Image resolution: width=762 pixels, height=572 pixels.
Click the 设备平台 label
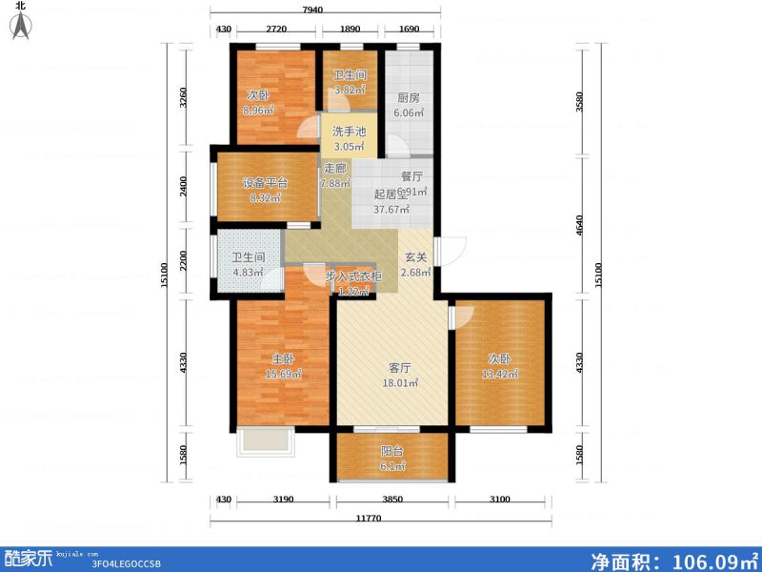(x=264, y=183)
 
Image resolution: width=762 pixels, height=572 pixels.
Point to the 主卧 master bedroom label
(x=282, y=359)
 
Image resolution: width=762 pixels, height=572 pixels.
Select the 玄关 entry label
(x=415, y=256)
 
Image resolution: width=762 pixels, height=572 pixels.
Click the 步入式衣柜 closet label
(x=353, y=276)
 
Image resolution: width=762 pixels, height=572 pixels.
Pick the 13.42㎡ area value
(x=500, y=375)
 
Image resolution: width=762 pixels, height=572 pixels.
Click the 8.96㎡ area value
(x=259, y=110)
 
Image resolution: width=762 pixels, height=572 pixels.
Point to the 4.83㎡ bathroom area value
(x=249, y=272)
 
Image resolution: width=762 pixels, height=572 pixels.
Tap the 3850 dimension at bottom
(x=392, y=500)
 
